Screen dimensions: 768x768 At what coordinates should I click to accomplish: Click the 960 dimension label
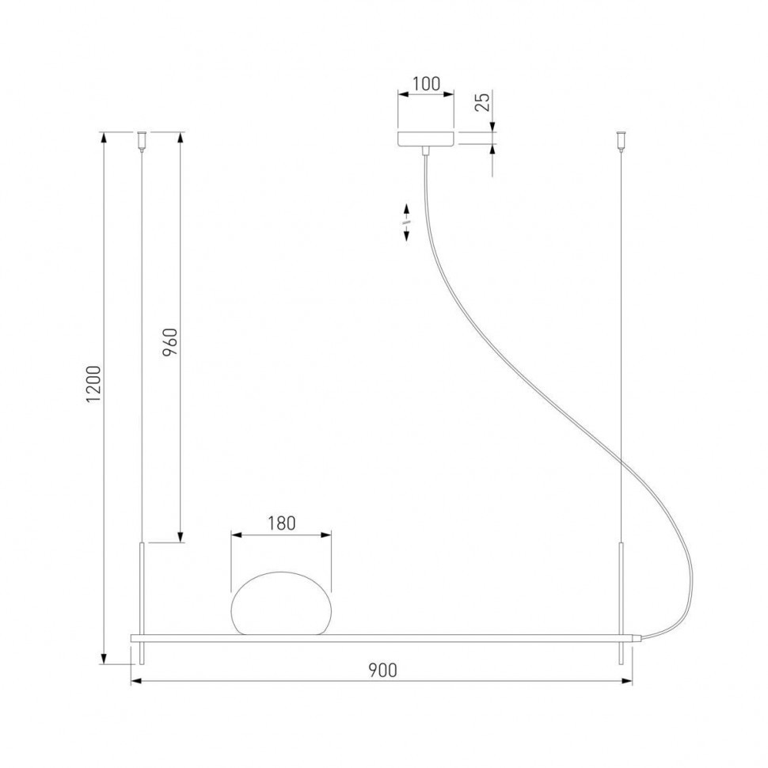click(x=169, y=342)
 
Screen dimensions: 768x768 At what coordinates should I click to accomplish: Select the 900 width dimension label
click(x=382, y=670)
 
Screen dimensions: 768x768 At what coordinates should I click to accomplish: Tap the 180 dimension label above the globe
click(x=280, y=523)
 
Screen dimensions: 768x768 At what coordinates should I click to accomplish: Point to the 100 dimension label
click(x=426, y=84)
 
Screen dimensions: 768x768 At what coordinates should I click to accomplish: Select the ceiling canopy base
click(x=426, y=139)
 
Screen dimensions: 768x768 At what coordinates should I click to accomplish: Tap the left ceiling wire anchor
click(x=142, y=139)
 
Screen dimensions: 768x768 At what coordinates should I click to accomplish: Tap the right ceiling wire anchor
click(x=621, y=139)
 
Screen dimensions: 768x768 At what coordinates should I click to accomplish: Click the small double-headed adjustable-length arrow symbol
click(x=406, y=223)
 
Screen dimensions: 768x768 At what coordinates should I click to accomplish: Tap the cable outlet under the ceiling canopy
click(x=426, y=151)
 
